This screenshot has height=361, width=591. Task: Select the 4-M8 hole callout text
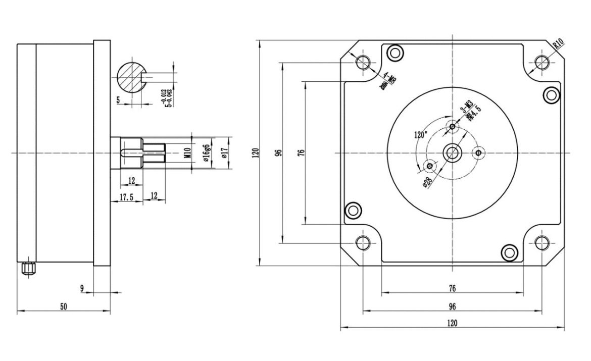[388, 81]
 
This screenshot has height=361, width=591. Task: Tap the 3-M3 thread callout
[466, 108]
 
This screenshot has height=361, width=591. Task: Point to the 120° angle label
[420, 135]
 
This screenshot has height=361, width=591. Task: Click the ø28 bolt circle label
[427, 182]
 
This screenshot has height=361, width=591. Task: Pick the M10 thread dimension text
[186, 152]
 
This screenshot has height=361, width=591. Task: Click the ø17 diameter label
[224, 152]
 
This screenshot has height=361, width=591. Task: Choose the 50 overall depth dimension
[64, 306]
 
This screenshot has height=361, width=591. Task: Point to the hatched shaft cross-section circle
[131, 77]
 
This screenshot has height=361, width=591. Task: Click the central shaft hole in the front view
[452, 152]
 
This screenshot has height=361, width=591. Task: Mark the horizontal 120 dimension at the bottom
[452, 323]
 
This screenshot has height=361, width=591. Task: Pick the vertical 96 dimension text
[278, 152]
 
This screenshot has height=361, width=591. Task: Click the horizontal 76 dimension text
[452, 288]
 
